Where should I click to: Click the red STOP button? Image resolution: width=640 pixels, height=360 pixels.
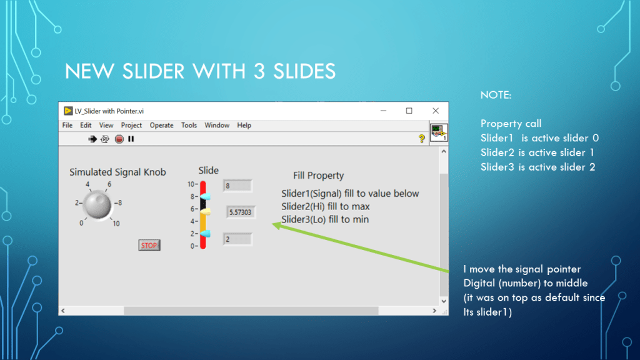(149, 245)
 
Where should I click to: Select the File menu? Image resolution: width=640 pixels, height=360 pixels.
(67, 125)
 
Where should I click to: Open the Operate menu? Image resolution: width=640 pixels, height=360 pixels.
(161, 125)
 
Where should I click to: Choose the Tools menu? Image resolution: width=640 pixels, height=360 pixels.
(189, 125)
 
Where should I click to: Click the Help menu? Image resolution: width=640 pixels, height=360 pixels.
(244, 125)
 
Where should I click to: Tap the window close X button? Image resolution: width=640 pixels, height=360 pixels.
(436, 111)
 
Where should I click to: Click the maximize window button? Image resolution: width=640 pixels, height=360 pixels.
(409, 111)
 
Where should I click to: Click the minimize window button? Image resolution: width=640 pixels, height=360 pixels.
(383, 111)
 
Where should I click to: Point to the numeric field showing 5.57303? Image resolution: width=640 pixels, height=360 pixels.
(241, 212)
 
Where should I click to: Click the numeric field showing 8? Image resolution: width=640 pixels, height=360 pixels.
(237, 186)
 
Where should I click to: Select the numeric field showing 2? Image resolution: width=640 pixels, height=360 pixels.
(237, 239)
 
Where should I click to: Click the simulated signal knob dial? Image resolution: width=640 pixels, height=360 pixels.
(97, 205)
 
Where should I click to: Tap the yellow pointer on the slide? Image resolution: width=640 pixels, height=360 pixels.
(205, 211)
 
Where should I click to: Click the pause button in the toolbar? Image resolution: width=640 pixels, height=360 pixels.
(131, 139)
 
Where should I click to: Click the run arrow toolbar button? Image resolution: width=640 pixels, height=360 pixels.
(92, 139)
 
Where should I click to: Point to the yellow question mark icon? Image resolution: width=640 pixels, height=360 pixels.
(422, 139)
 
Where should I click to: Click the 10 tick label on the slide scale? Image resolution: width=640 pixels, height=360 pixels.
(191, 184)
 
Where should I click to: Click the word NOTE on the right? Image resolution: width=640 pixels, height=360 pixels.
(496, 95)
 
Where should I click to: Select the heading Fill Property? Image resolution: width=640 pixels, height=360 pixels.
(318, 176)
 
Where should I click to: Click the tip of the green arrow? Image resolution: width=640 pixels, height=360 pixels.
(272, 224)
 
